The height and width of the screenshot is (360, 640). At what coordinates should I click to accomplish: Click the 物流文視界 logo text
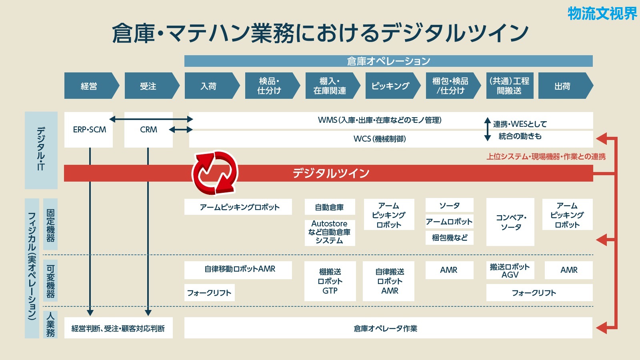pyautogui.click(x=602, y=14)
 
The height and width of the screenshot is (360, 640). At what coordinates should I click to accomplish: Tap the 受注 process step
pyautogui.click(x=152, y=86)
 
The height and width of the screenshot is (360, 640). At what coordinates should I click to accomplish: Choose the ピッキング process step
pyautogui.click(x=393, y=86)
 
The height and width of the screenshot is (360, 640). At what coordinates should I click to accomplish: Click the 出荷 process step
pyautogui.click(x=566, y=86)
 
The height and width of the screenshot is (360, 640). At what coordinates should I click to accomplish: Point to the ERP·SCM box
pyautogui.click(x=88, y=130)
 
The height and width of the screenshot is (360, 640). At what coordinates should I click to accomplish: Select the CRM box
pyautogui.click(x=148, y=130)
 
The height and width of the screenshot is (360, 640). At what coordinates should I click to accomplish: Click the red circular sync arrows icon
pyautogui.click(x=215, y=173)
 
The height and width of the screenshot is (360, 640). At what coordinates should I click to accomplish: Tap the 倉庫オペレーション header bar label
pyautogui.click(x=388, y=61)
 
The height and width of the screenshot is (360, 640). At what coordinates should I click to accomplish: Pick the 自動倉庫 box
pyautogui.click(x=330, y=207)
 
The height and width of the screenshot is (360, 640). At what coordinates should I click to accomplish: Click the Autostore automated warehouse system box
pyautogui.click(x=330, y=232)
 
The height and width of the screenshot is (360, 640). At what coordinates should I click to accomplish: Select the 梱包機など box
pyautogui.click(x=450, y=238)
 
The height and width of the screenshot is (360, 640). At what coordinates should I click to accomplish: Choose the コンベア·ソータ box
pyautogui.click(x=510, y=222)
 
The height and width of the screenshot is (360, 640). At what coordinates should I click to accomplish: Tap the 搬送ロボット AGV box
pyautogui.click(x=510, y=270)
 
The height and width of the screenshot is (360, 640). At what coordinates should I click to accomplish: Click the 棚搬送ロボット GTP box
pyautogui.click(x=330, y=281)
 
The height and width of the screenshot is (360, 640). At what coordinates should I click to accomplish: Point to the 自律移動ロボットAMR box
pyautogui.click(x=238, y=270)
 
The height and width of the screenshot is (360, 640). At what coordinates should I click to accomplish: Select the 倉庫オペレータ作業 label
pyautogui.click(x=386, y=328)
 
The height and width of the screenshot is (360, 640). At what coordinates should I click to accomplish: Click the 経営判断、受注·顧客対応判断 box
pyautogui.click(x=118, y=328)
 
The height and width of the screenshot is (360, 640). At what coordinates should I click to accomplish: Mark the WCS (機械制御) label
pyautogui.click(x=380, y=139)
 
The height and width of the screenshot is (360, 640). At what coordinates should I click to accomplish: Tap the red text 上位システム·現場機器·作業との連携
pyautogui.click(x=546, y=156)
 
